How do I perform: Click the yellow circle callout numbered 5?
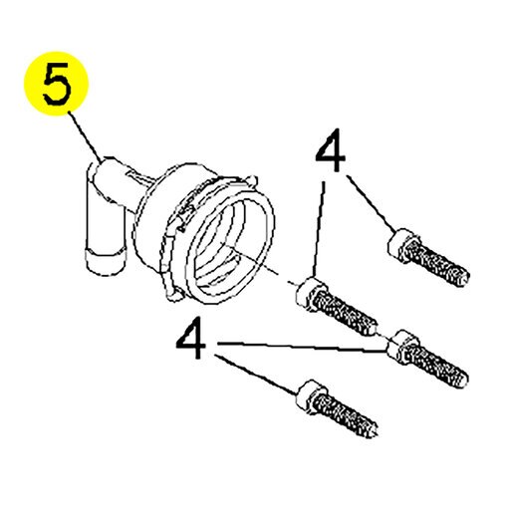56,84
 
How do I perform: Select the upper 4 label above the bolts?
330,150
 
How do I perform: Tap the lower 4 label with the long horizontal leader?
190,338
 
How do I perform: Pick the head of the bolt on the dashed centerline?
311,294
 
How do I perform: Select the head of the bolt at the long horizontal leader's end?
402,347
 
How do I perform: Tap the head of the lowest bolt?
311,396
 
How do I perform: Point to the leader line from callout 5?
86,136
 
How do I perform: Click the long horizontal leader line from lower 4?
302,347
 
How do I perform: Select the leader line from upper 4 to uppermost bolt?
372,203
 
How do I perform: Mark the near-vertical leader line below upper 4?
318,228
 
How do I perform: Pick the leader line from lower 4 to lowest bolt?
255,376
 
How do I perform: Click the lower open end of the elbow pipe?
106,262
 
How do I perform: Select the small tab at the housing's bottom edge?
175,294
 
